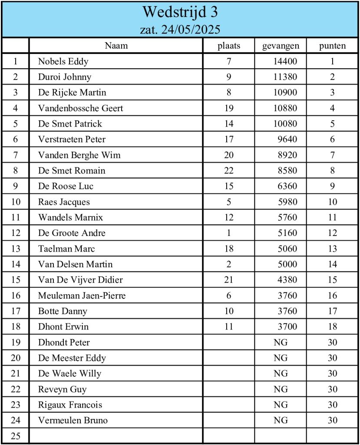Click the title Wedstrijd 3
(180, 12)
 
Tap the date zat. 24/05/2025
(180, 30)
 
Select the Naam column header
(116, 46)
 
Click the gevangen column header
(281, 46)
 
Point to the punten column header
(332, 46)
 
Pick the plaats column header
(229, 46)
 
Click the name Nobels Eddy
(63, 61)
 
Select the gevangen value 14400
(285, 61)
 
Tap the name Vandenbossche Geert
(80, 108)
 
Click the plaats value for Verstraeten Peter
(229, 139)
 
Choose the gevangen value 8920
(287, 155)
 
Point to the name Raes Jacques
(64, 202)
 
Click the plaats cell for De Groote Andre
(229, 233)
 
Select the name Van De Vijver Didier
(80, 280)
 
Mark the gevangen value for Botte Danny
(287, 311)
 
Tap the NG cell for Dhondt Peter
(281, 342)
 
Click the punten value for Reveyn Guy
(332, 389)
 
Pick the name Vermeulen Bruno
(73, 420)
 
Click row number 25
(16, 436)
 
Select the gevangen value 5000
(287, 264)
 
